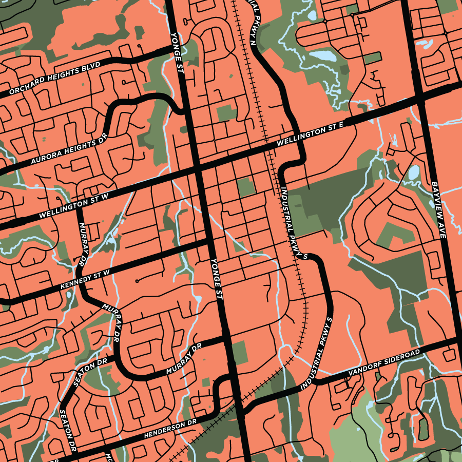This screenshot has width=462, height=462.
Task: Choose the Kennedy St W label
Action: click(x=85, y=280)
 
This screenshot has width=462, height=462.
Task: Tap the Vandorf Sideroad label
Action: click(x=384, y=363)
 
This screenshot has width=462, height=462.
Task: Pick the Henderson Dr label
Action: click(x=170, y=430)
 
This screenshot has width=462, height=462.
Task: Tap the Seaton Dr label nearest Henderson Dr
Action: click(x=68, y=430)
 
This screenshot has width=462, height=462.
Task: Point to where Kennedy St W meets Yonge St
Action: click(x=210, y=241)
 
